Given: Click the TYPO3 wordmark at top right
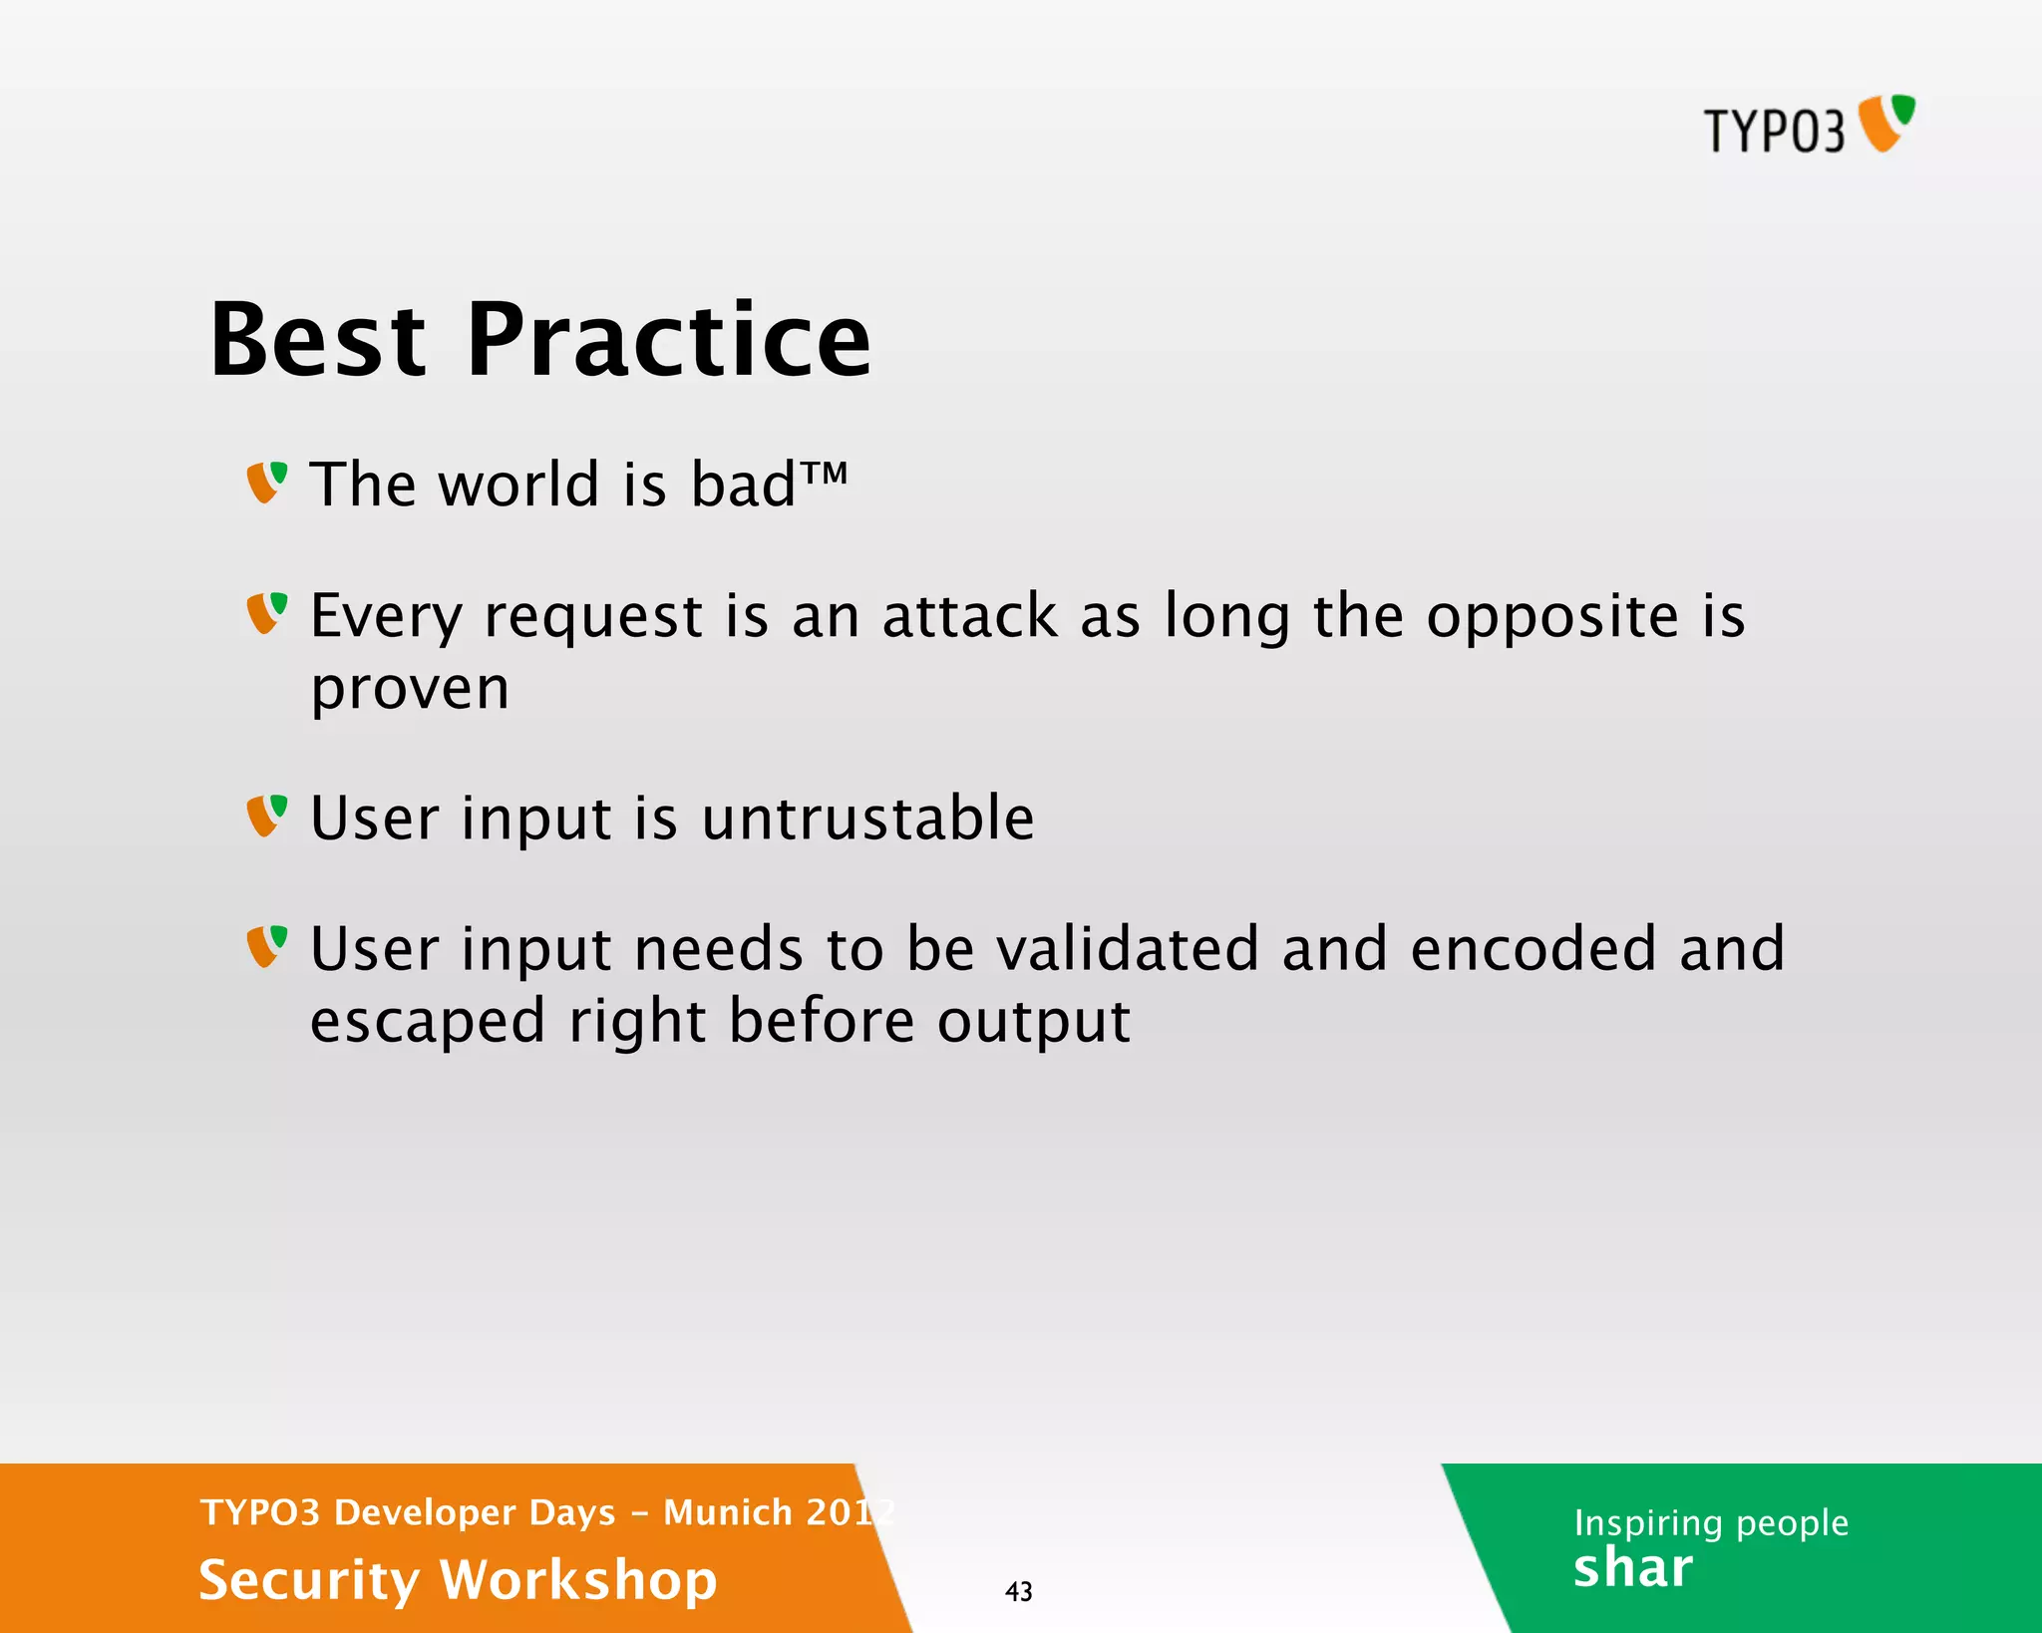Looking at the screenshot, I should [1774, 131].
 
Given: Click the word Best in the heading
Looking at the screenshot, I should [318, 341].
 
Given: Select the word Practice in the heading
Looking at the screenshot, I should [669, 341].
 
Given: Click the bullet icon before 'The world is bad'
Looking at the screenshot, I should [267, 483].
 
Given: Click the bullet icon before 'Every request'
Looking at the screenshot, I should [267, 613].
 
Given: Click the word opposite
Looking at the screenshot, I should [1552, 618].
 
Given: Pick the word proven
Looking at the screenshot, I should [410, 690].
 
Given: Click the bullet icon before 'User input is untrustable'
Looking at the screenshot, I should [267, 816].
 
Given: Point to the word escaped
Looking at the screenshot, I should [428, 1023].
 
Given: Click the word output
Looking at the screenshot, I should [1033, 1023].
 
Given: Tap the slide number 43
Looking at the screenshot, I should [1018, 1591].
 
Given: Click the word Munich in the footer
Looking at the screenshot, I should [728, 1512].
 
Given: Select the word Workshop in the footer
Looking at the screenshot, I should [578, 1580].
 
